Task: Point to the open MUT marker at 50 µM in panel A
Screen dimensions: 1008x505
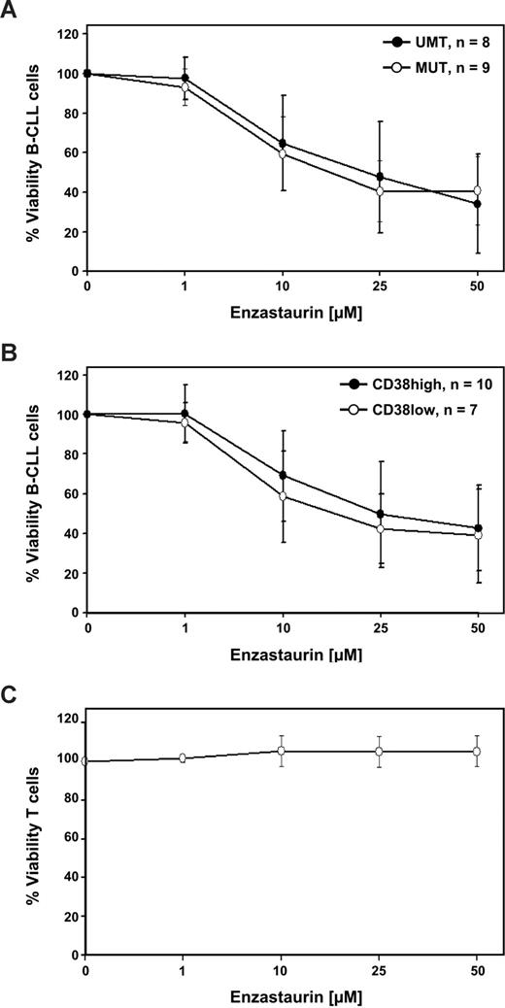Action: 476,191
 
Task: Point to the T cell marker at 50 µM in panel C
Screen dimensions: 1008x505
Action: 476,751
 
